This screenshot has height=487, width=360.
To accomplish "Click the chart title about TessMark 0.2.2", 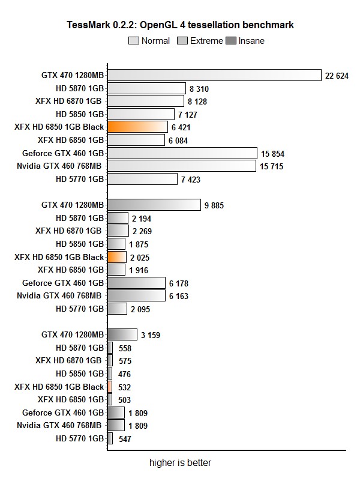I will tap(180, 25).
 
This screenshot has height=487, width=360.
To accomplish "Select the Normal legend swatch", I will tap(133, 41).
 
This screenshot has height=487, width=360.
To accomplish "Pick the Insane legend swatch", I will tap(230, 41).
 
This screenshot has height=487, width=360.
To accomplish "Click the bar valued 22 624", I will tap(214, 75).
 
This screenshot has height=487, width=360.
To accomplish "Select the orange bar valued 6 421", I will tap(137, 127).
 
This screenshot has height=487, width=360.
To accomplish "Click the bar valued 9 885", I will tap(154, 205).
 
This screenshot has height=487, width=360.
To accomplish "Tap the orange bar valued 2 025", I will tap(116, 257).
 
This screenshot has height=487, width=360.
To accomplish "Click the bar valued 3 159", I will tap(122, 334).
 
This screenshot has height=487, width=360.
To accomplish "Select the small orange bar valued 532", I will tap(110, 387).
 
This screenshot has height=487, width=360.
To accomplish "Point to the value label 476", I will tap(125, 374).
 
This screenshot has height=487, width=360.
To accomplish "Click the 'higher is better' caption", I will tap(180, 463).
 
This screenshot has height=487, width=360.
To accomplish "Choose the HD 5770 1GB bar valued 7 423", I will tap(142, 179).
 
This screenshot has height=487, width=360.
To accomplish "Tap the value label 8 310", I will tap(199, 88).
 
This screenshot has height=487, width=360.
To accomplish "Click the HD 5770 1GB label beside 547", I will tap(80, 439).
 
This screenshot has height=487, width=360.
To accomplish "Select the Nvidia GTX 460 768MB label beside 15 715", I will tap(59, 166).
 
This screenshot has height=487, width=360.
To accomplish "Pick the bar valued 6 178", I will tap(136, 283).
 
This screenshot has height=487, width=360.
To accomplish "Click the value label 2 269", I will tap(142, 231).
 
